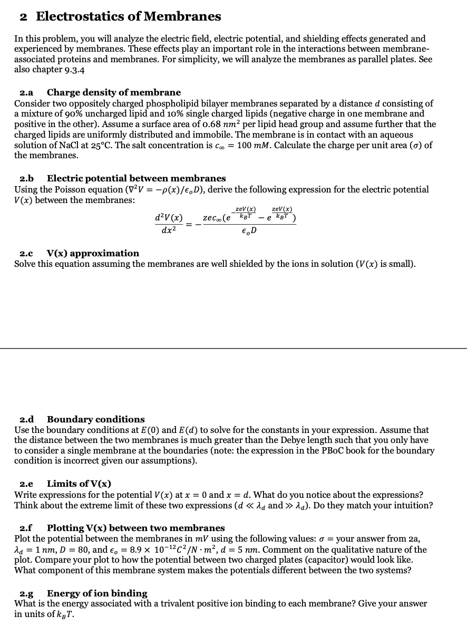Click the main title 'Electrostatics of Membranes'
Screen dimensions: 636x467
[x=128, y=16]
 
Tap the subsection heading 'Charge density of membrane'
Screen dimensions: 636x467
[x=113, y=92]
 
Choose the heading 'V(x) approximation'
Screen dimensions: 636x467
[x=93, y=253]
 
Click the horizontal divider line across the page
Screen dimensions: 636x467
[x=234, y=348]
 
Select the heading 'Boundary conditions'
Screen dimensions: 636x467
[x=95, y=419]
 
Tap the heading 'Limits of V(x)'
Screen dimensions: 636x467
[x=79, y=484]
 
